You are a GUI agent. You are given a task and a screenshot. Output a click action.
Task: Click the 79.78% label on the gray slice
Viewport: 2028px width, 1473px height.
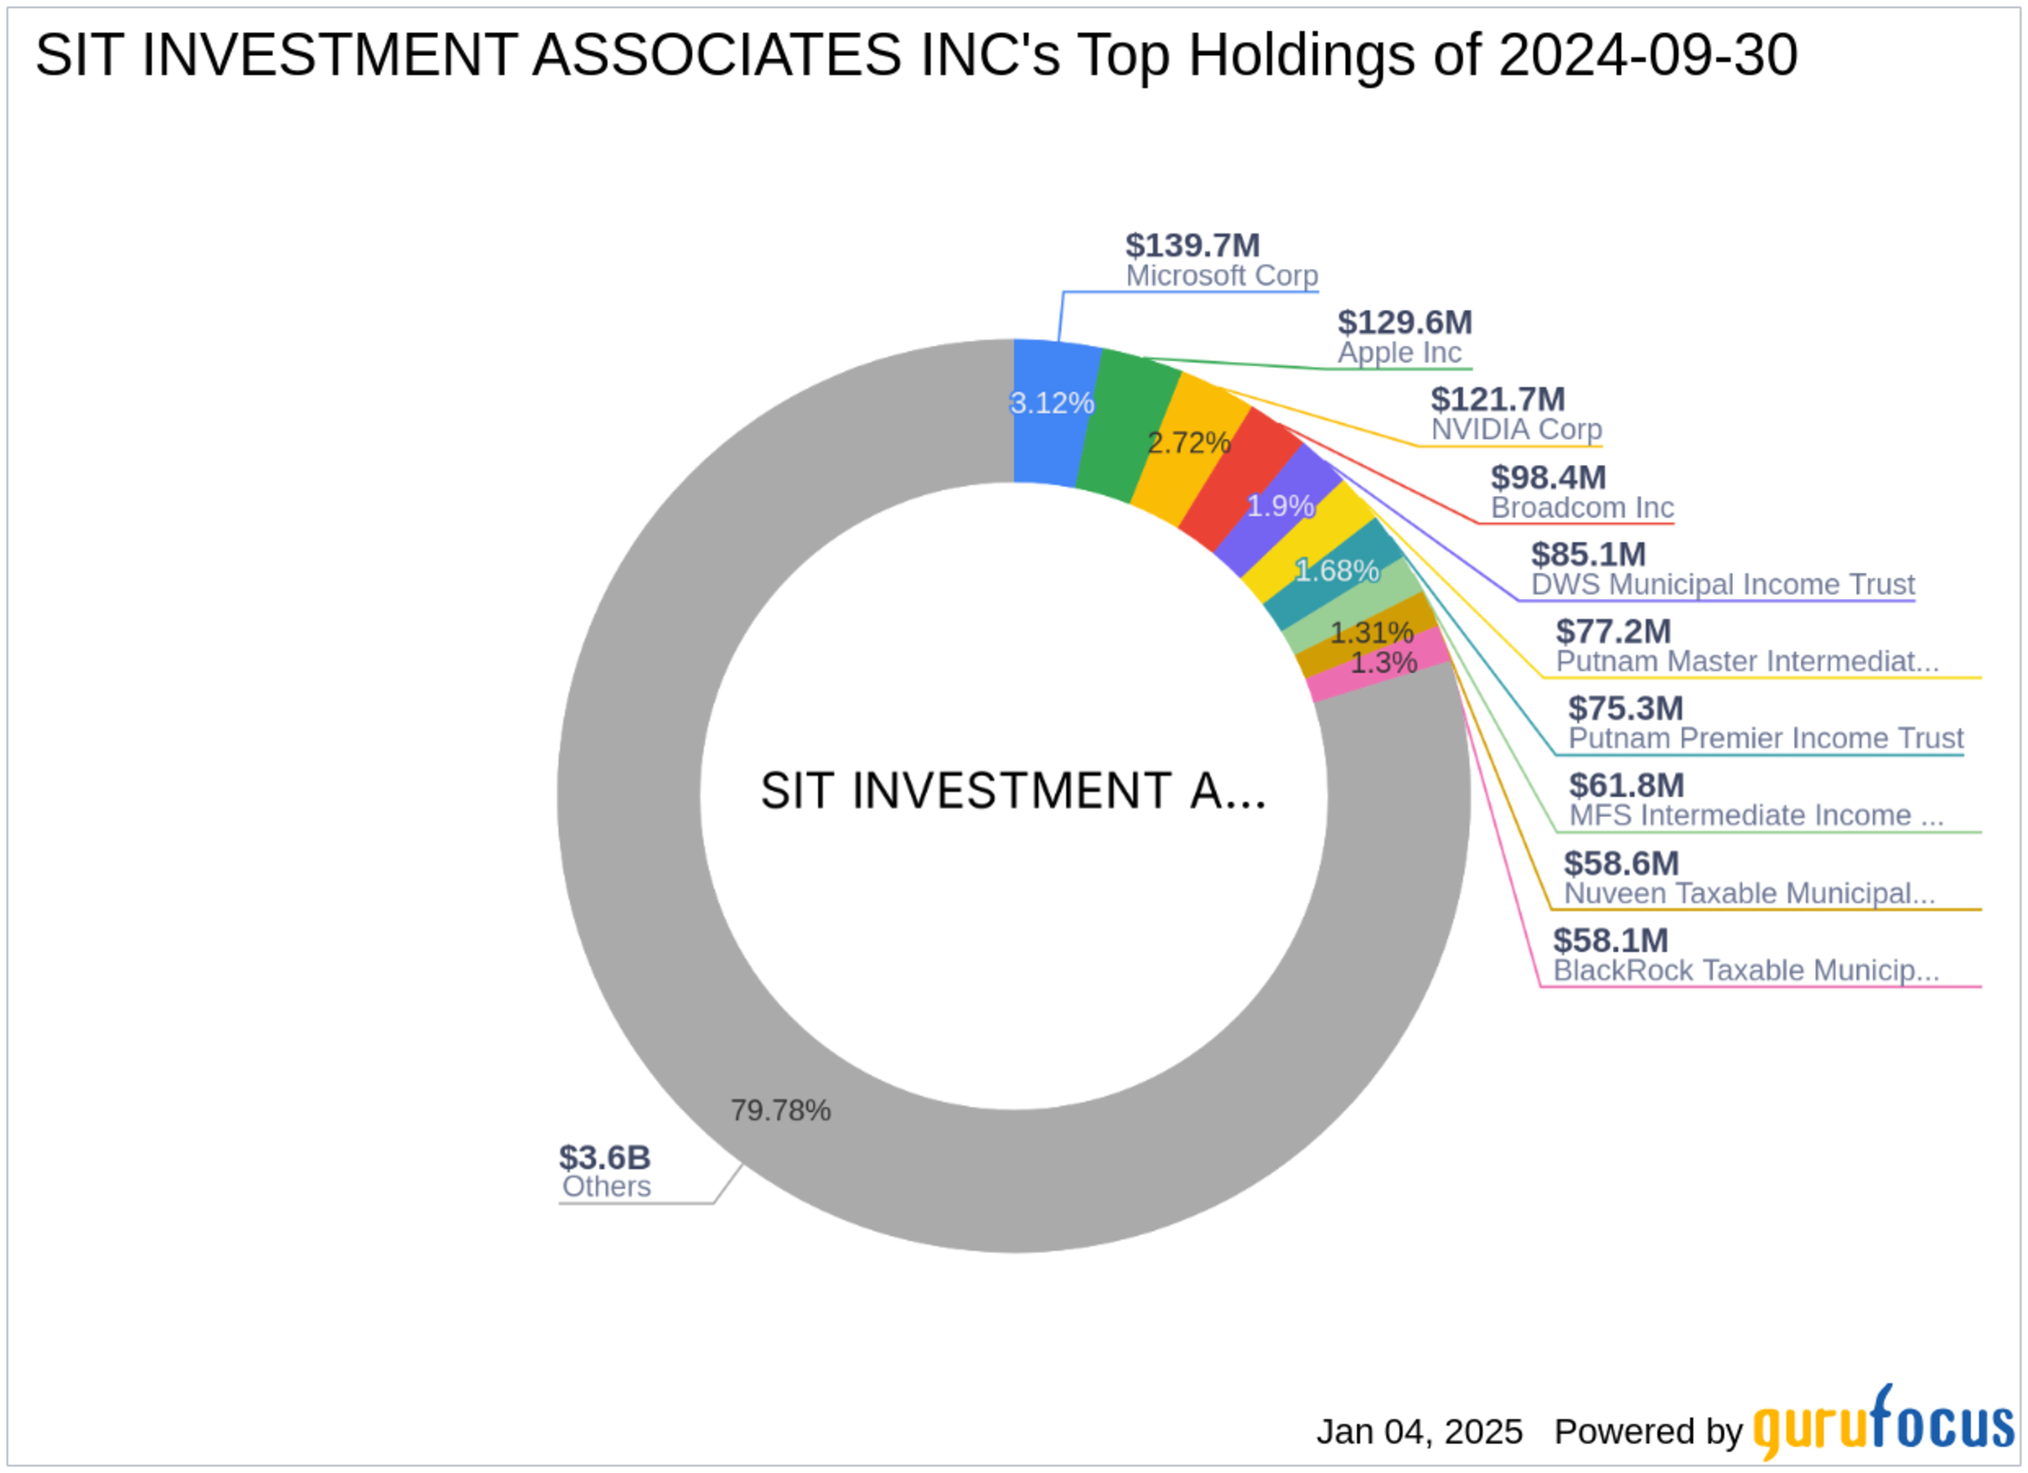tap(781, 1111)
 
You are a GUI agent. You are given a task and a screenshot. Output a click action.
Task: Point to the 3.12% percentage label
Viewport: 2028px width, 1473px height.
tap(1051, 404)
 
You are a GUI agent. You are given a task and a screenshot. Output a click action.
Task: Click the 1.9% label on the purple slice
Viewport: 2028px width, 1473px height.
tap(1279, 506)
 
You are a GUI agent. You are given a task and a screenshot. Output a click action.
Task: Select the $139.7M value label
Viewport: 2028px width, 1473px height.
tap(1193, 245)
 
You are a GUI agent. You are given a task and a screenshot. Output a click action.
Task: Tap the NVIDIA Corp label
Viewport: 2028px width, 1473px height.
tap(1516, 429)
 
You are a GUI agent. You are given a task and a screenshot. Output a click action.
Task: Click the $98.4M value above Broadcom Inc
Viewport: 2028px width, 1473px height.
tap(1549, 477)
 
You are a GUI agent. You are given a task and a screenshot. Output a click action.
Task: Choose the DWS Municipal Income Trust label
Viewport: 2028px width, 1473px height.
tap(1723, 584)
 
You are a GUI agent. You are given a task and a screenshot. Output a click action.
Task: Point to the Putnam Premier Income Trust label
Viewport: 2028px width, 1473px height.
tap(1766, 738)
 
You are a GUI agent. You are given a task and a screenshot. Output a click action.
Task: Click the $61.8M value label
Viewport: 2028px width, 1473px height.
tap(1626, 785)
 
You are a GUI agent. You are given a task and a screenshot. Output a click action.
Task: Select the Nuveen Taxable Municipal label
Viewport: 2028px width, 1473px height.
tap(1749, 893)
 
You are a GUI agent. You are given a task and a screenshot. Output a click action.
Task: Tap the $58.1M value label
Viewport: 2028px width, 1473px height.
tap(1610, 940)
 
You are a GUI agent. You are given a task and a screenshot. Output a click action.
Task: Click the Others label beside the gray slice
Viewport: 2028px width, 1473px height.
tap(606, 1186)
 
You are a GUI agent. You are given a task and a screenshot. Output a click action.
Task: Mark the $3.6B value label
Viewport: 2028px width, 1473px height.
tap(604, 1157)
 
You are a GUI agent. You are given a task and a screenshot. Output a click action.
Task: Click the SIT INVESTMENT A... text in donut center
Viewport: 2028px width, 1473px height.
tap(1013, 792)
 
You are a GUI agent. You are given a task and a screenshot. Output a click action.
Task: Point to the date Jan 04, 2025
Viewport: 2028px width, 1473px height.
tap(1419, 1432)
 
